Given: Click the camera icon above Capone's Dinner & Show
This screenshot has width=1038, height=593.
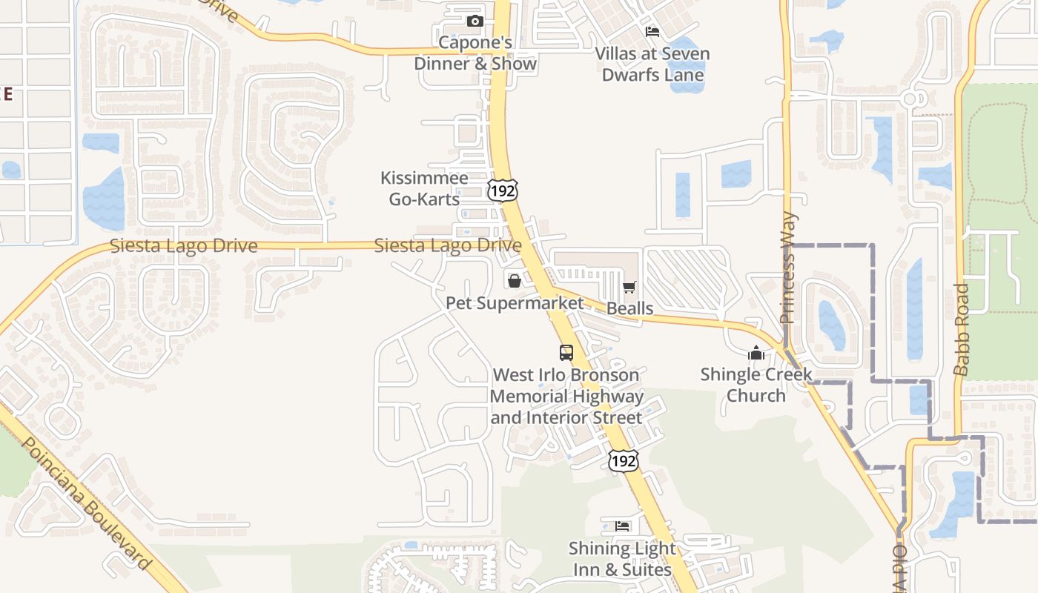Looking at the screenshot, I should tap(475, 21).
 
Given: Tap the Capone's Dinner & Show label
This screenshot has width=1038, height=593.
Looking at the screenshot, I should tap(475, 53).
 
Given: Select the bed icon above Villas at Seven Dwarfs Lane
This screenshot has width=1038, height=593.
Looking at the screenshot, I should tap(652, 31).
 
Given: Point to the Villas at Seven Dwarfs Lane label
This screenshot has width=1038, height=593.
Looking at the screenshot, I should tap(652, 64).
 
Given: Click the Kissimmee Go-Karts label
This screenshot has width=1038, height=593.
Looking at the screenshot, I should tap(425, 188).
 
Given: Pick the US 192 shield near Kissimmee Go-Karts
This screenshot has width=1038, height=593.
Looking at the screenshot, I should tap(503, 190).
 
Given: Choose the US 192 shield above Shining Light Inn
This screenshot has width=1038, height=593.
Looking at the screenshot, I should tap(623, 460).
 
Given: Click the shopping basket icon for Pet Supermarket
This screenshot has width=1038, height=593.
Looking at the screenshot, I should tap(514, 280).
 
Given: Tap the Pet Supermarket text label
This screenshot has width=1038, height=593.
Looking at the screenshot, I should tap(515, 303).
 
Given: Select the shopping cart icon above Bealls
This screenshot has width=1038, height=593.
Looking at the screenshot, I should tap(629, 287).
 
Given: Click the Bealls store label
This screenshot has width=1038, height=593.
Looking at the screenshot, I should tap(630, 308).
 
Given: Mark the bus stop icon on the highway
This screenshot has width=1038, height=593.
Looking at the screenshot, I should tap(566, 353).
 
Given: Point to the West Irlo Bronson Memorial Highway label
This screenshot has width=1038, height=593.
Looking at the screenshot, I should tap(566, 397).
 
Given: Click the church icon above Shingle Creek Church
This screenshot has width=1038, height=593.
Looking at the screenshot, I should tap(756, 353).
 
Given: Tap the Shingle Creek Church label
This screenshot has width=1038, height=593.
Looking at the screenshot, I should tap(756, 385).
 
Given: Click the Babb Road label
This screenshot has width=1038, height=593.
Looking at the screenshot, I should tap(962, 329).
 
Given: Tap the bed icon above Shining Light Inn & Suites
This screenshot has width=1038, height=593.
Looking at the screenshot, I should tap(623, 526).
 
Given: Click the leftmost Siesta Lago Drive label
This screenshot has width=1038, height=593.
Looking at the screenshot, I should tap(184, 246).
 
